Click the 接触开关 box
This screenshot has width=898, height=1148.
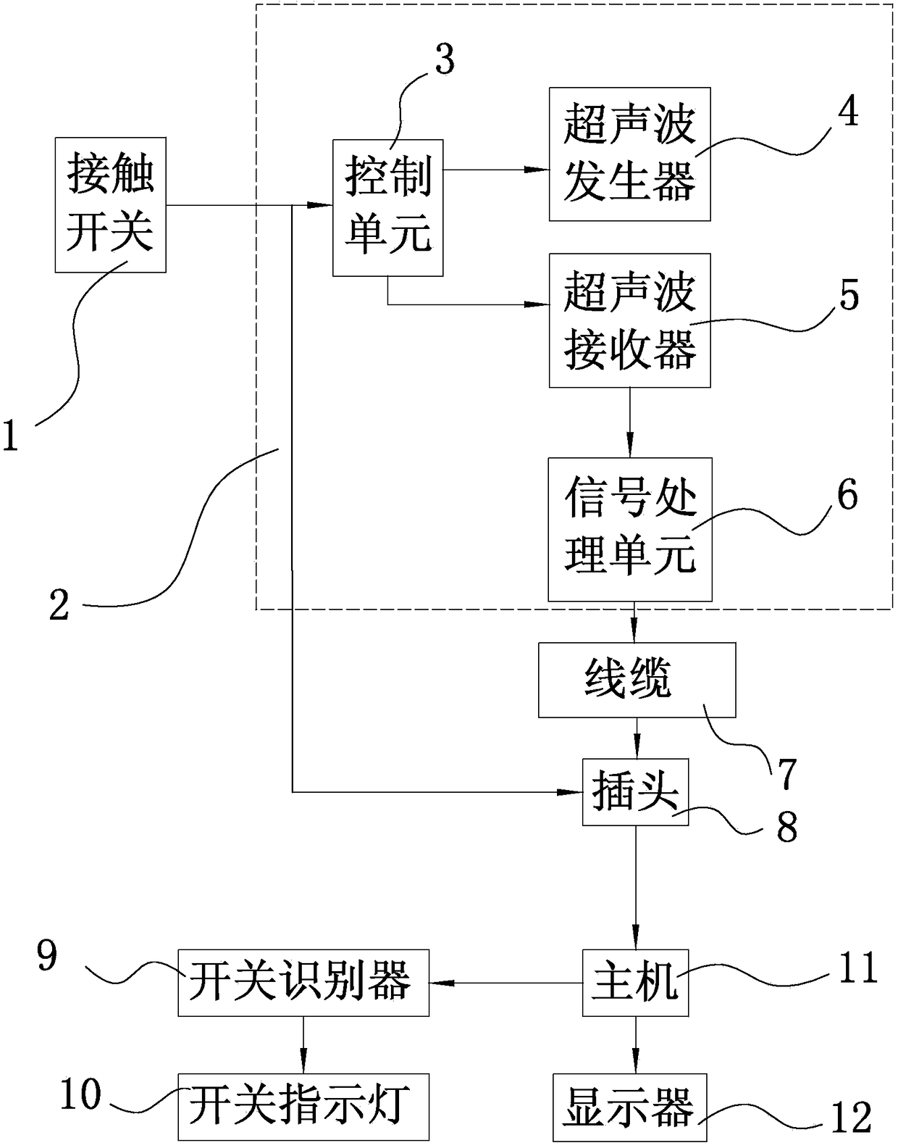point(111,205)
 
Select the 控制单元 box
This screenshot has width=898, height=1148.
point(387,207)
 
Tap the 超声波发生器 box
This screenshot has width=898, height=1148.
point(630,154)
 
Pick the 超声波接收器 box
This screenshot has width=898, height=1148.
point(630,320)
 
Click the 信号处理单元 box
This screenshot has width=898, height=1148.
point(630,529)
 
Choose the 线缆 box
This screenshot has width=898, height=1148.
point(637,680)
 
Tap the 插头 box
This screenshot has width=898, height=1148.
point(635,792)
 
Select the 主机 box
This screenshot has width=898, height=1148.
point(635,983)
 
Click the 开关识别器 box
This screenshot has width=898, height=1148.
point(303,983)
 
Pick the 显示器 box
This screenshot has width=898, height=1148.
point(629,1107)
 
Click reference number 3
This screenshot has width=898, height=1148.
point(445,59)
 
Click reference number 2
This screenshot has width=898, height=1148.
point(59,604)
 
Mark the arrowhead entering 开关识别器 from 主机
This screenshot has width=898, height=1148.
point(439,983)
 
